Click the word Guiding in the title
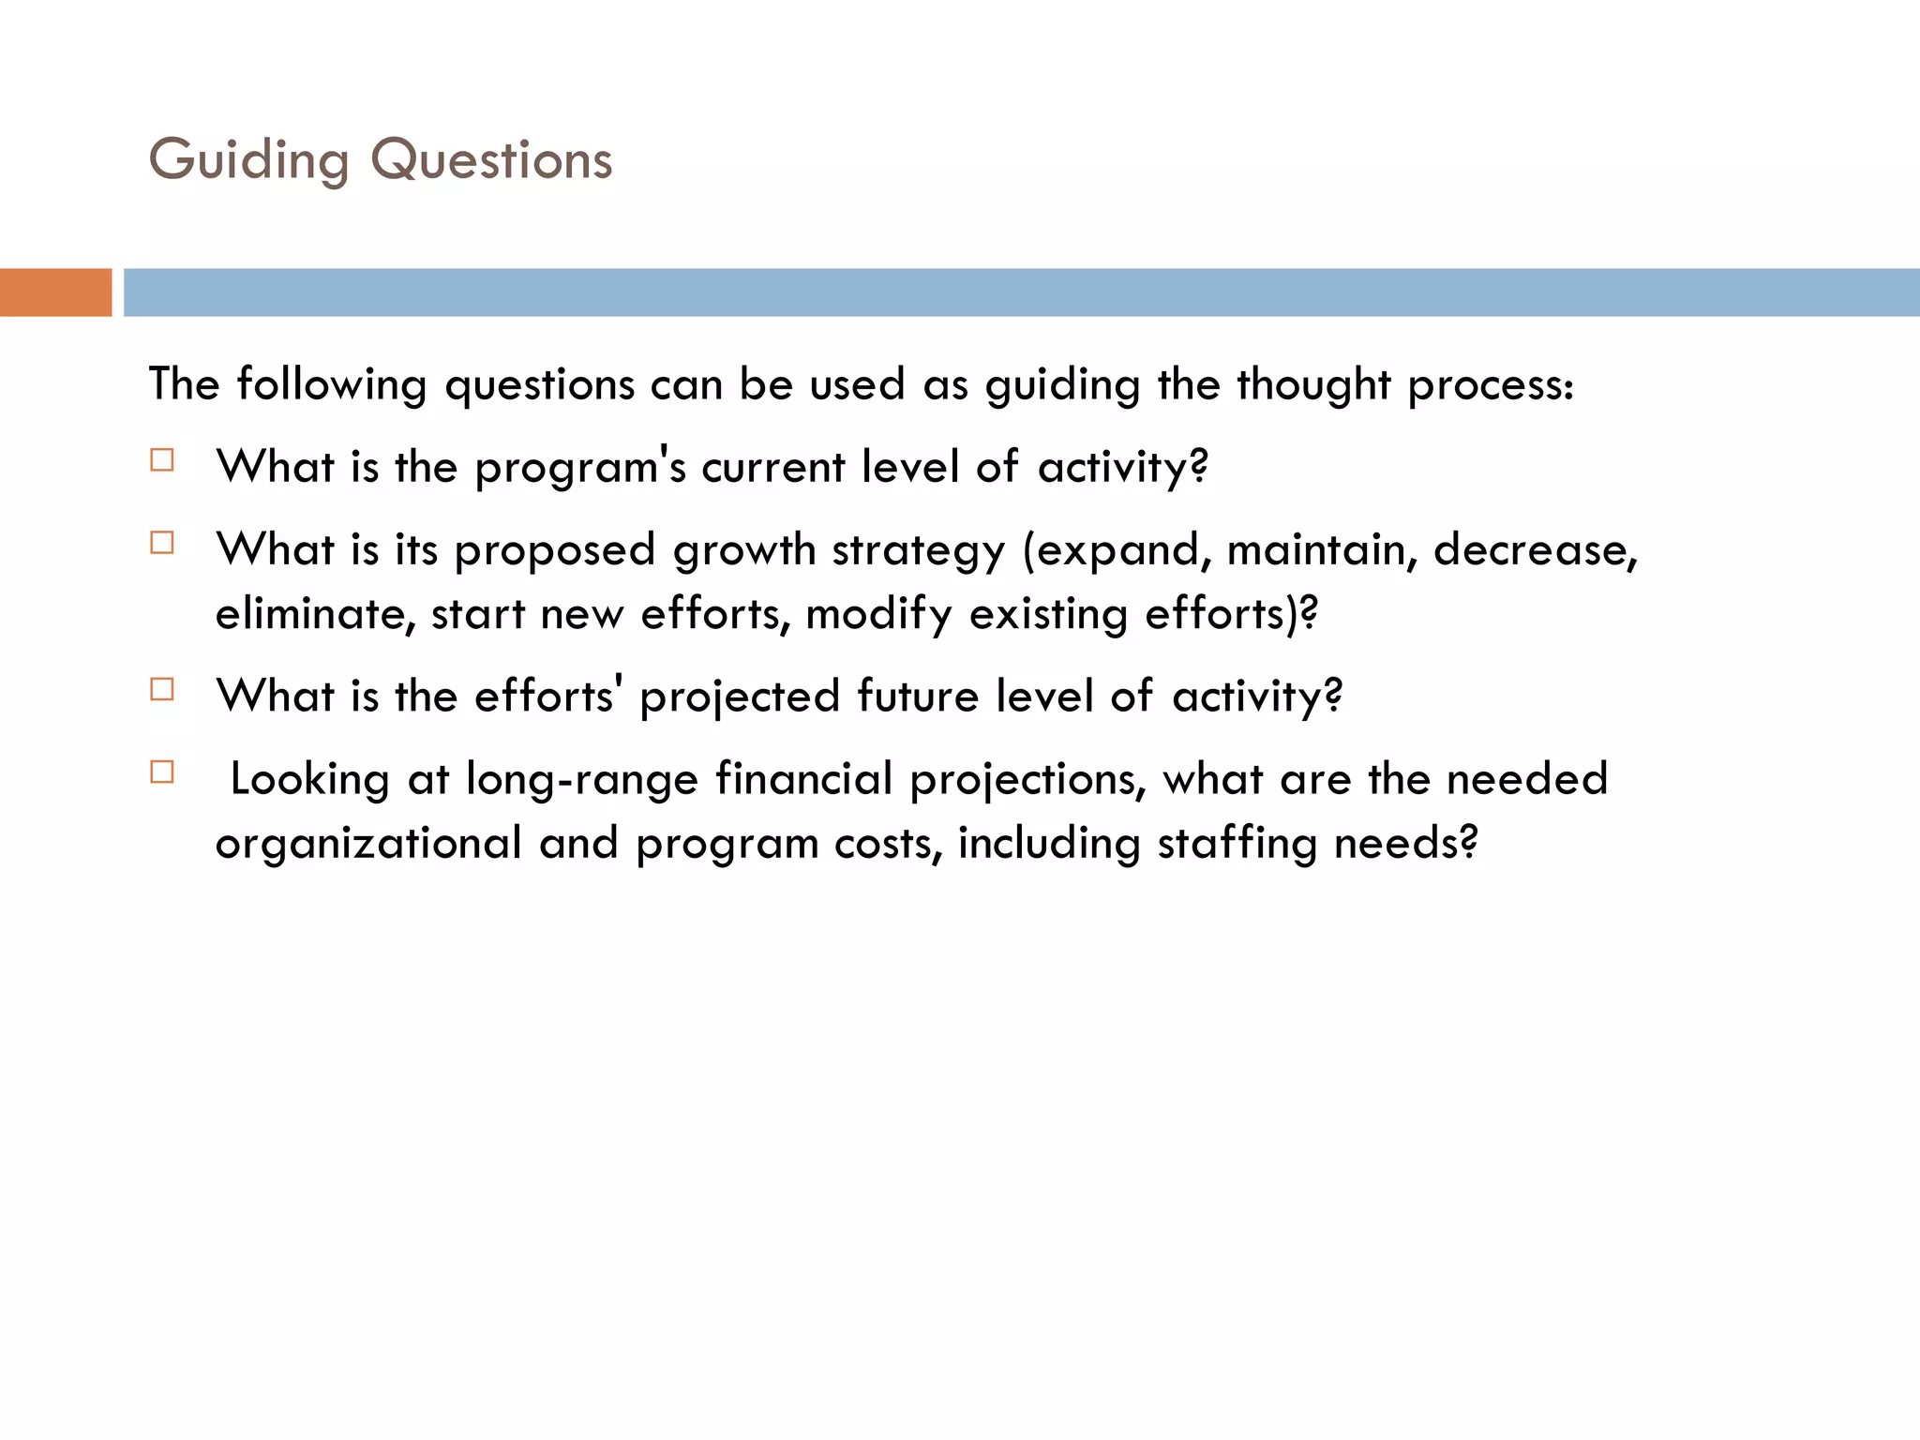(x=248, y=160)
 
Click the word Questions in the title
(x=491, y=160)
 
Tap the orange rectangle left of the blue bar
(x=55, y=292)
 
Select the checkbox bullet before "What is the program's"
(x=162, y=460)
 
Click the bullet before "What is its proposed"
(x=162, y=543)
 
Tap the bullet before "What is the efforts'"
(x=162, y=689)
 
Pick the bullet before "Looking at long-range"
(x=162, y=772)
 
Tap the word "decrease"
(x=1535, y=550)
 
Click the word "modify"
(x=878, y=615)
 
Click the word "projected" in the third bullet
(x=739, y=697)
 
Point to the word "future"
(x=917, y=697)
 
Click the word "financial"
(x=803, y=780)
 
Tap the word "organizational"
(x=368, y=844)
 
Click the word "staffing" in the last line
(x=1237, y=844)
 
